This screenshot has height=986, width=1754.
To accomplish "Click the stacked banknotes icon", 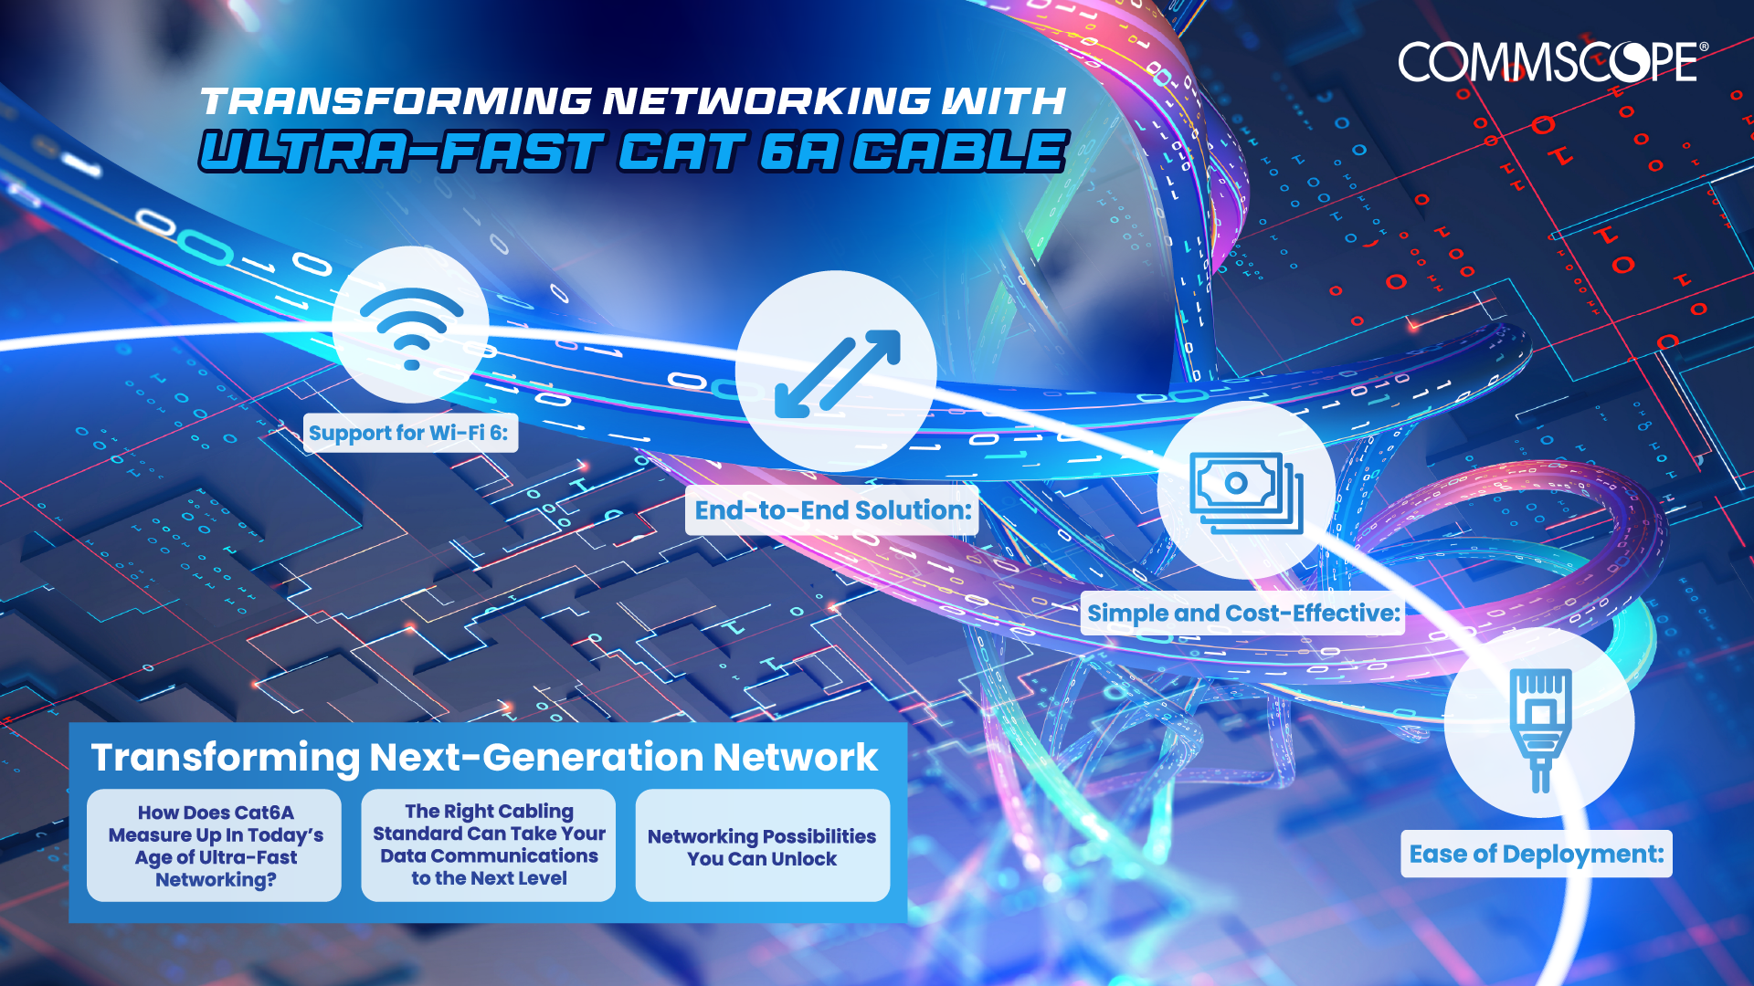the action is tap(1246, 493).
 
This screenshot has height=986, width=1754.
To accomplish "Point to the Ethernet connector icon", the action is tap(1540, 729).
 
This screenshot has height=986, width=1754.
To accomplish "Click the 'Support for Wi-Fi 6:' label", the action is tap(409, 433).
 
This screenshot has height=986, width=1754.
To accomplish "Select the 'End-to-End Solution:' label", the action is tap(832, 510).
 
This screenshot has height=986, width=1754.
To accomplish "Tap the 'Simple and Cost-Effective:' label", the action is tap(1243, 613).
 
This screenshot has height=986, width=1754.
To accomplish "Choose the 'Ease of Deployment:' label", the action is tap(1537, 855).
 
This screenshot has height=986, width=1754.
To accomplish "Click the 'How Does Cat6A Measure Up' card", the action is tap(215, 845).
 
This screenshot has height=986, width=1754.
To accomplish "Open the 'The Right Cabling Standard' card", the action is tap(489, 845).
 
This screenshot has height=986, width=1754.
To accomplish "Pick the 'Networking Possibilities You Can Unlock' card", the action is tap(763, 845).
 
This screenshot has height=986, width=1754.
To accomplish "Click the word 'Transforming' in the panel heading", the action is tap(226, 759).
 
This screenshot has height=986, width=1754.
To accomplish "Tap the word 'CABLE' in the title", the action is tap(960, 152).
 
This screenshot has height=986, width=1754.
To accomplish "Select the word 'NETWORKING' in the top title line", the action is tap(766, 101).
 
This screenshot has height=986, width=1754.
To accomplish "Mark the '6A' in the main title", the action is tap(798, 152).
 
